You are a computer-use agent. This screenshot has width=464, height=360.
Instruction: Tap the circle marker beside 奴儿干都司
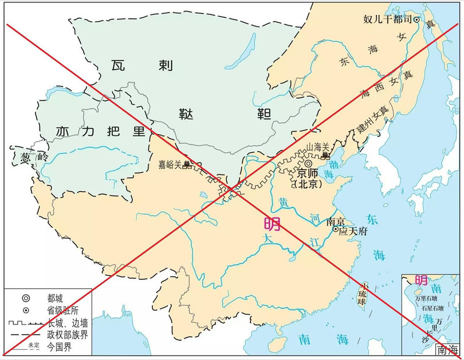[416, 19]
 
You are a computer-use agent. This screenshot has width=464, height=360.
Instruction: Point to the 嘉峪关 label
[170, 164]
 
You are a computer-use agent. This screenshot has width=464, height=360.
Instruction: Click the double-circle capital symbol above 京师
[308, 163]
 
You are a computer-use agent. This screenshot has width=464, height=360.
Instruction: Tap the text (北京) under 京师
[307, 184]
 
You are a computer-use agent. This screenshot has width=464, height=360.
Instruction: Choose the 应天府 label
[351, 231]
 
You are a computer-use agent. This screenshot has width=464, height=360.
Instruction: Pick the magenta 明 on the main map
[272, 224]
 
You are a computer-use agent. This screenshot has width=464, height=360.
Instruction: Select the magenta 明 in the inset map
[420, 280]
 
